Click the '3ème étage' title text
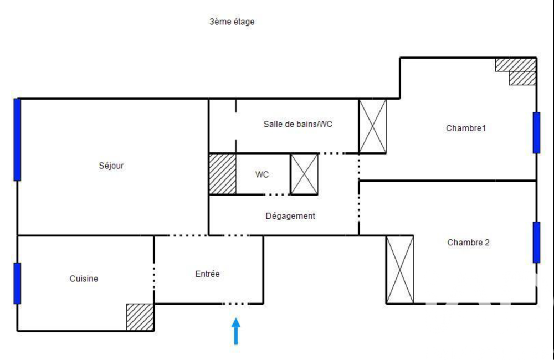232,22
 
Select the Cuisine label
84,279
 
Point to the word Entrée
207,274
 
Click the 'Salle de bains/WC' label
297,124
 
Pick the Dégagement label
290,216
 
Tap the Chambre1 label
466,128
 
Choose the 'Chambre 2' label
468,242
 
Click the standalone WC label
262,174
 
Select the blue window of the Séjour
17,140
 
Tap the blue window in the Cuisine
17,283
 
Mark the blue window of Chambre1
536,132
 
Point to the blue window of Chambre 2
536,242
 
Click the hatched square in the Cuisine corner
140,317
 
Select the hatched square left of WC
222,174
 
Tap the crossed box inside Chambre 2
399,269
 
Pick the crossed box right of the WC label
304,174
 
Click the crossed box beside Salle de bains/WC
372,126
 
